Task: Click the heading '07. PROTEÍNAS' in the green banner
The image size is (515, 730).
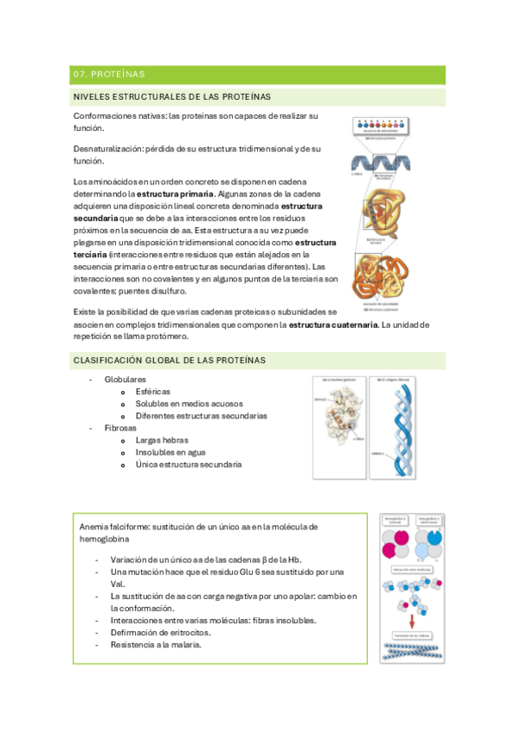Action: [x=109, y=74]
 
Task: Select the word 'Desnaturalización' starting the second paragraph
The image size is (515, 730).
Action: [x=106, y=150]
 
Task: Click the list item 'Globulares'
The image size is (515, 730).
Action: [x=126, y=379]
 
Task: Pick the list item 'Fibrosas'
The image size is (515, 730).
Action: [x=120, y=428]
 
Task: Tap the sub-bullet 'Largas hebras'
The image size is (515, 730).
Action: [x=163, y=440]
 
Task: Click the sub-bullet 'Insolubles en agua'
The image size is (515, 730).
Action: [x=172, y=452]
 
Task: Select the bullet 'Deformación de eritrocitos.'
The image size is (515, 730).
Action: [x=161, y=632]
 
